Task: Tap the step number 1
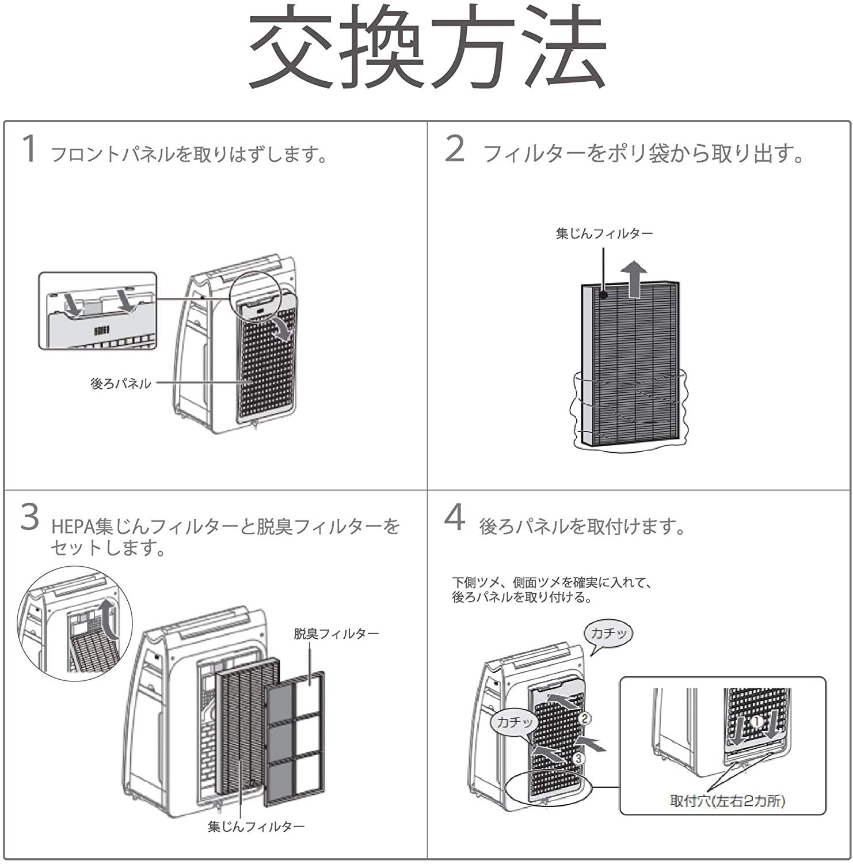tap(29, 149)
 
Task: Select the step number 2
tap(455, 149)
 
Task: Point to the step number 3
tap(30, 517)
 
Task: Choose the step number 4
tap(455, 517)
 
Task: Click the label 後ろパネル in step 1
tap(121, 384)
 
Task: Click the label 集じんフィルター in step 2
tap(604, 234)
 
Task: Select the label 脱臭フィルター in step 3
tap(336, 634)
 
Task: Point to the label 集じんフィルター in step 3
tap(256, 827)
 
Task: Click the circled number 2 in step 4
tap(584, 718)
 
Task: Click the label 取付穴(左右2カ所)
tap(728, 801)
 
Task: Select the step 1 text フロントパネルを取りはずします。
tap(190, 155)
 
